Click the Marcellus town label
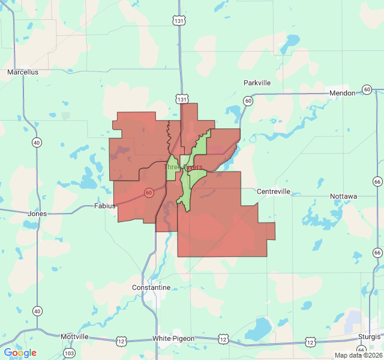click(23, 72)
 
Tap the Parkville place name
click(257, 83)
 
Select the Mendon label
click(343, 94)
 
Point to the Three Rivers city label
click(183, 167)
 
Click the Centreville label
click(274, 191)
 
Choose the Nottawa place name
click(343, 196)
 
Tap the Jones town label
click(37, 213)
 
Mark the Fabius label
click(104, 206)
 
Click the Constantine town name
click(151, 288)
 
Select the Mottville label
click(74, 337)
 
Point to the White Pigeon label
click(173, 338)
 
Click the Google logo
click(20, 353)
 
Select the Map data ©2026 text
click(358, 355)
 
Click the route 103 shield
click(70, 353)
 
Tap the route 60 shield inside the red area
click(148, 193)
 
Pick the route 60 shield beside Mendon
click(367, 90)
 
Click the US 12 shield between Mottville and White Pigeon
click(122, 341)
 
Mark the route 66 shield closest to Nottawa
click(377, 181)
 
